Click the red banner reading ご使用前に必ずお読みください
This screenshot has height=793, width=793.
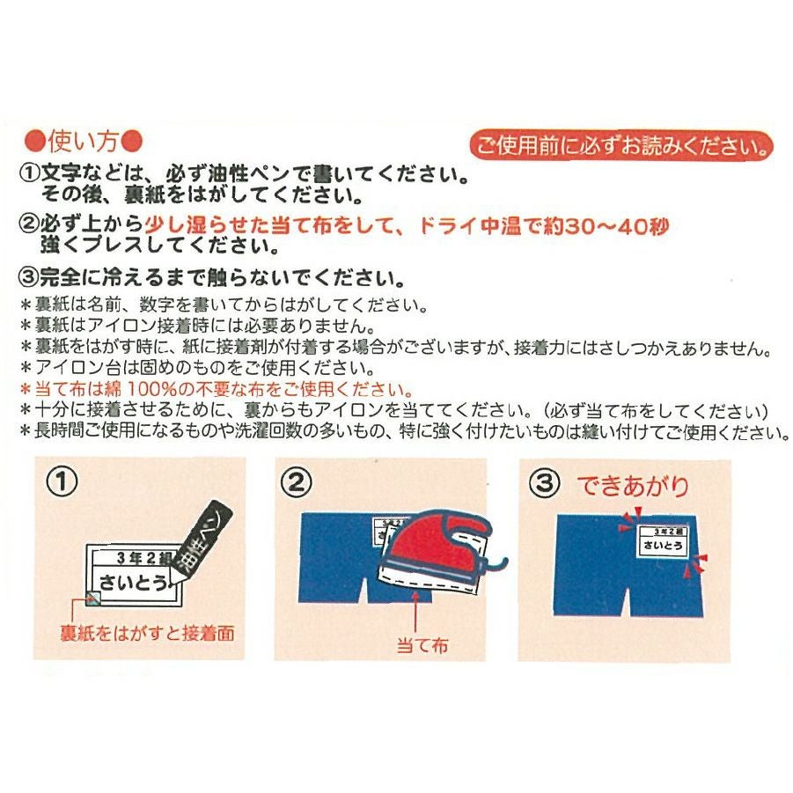[621, 146]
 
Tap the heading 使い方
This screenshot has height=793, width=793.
[84, 142]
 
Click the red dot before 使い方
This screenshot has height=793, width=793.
[35, 142]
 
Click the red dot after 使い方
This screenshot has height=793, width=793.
[132, 142]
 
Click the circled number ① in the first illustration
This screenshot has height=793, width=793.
[62, 481]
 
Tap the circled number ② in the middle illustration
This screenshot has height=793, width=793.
[297, 481]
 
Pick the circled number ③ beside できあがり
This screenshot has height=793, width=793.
[544, 482]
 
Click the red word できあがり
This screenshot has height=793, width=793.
[633, 486]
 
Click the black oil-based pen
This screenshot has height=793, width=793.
[201, 541]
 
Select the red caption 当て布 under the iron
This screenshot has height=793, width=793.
[422, 646]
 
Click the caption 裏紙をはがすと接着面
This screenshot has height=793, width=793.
[147, 633]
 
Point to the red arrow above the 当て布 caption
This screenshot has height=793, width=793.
[415, 613]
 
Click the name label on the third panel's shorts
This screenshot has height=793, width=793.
[662, 540]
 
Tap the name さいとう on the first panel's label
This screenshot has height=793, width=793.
[134, 583]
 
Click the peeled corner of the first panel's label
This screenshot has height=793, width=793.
[93, 598]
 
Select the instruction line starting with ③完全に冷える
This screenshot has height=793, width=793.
[211, 277]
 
